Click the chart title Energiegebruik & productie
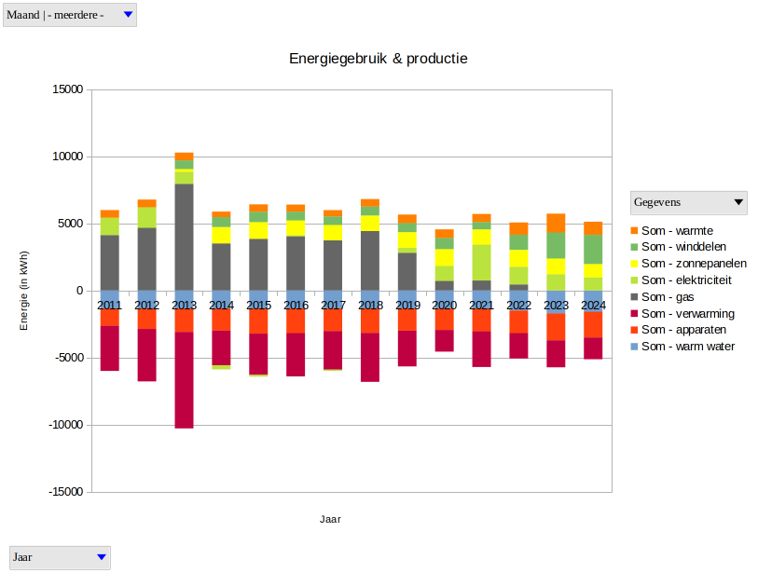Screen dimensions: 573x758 click(x=378, y=59)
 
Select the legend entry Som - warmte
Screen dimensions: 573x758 click(x=675, y=229)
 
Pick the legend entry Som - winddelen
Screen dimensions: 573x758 click(x=680, y=246)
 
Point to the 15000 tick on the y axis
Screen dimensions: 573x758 click(x=66, y=89)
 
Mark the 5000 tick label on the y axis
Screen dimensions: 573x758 click(x=70, y=224)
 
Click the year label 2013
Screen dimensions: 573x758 click(x=184, y=305)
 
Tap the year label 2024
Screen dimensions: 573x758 click(x=593, y=305)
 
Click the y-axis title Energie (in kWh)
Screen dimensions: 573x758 click(x=25, y=291)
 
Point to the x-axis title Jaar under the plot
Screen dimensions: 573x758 click(x=330, y=519)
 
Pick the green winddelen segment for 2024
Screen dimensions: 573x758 click(x=593, y=249)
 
